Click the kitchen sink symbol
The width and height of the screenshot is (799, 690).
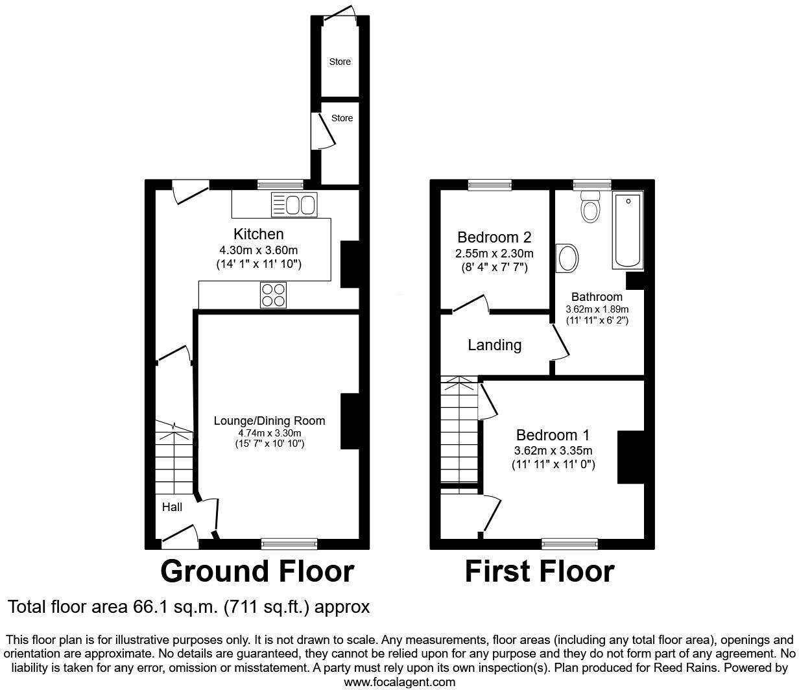(x=294, y=205)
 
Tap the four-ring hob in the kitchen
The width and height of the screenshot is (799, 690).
(x=273, y=295)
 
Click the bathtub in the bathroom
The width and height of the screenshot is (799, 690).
(x=628, y=230)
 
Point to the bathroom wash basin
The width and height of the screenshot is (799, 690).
(x=567, y=258)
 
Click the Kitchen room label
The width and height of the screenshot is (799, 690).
(x=258, y=234)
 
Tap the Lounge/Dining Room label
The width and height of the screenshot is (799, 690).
(x=269, y=421)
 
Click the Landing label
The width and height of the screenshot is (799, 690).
(x=494, y=345)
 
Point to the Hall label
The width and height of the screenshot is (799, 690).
(x=172, y=507)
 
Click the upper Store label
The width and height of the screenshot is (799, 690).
(x=340, y=62)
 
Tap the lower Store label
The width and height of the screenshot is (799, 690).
(x=342, y=118)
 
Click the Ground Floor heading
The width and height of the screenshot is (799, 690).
(x=257, y=571)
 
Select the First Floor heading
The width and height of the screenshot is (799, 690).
(x=540, y=571)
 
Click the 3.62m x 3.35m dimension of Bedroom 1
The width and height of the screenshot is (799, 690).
(x=553, y=451)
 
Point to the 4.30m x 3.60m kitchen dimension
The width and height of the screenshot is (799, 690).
(x=258, y=250)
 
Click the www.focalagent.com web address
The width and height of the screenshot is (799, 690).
(x=399, y=682)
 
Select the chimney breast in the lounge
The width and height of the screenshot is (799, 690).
(x=350, y=422)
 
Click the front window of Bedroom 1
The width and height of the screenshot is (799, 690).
(x=569, y=543)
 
